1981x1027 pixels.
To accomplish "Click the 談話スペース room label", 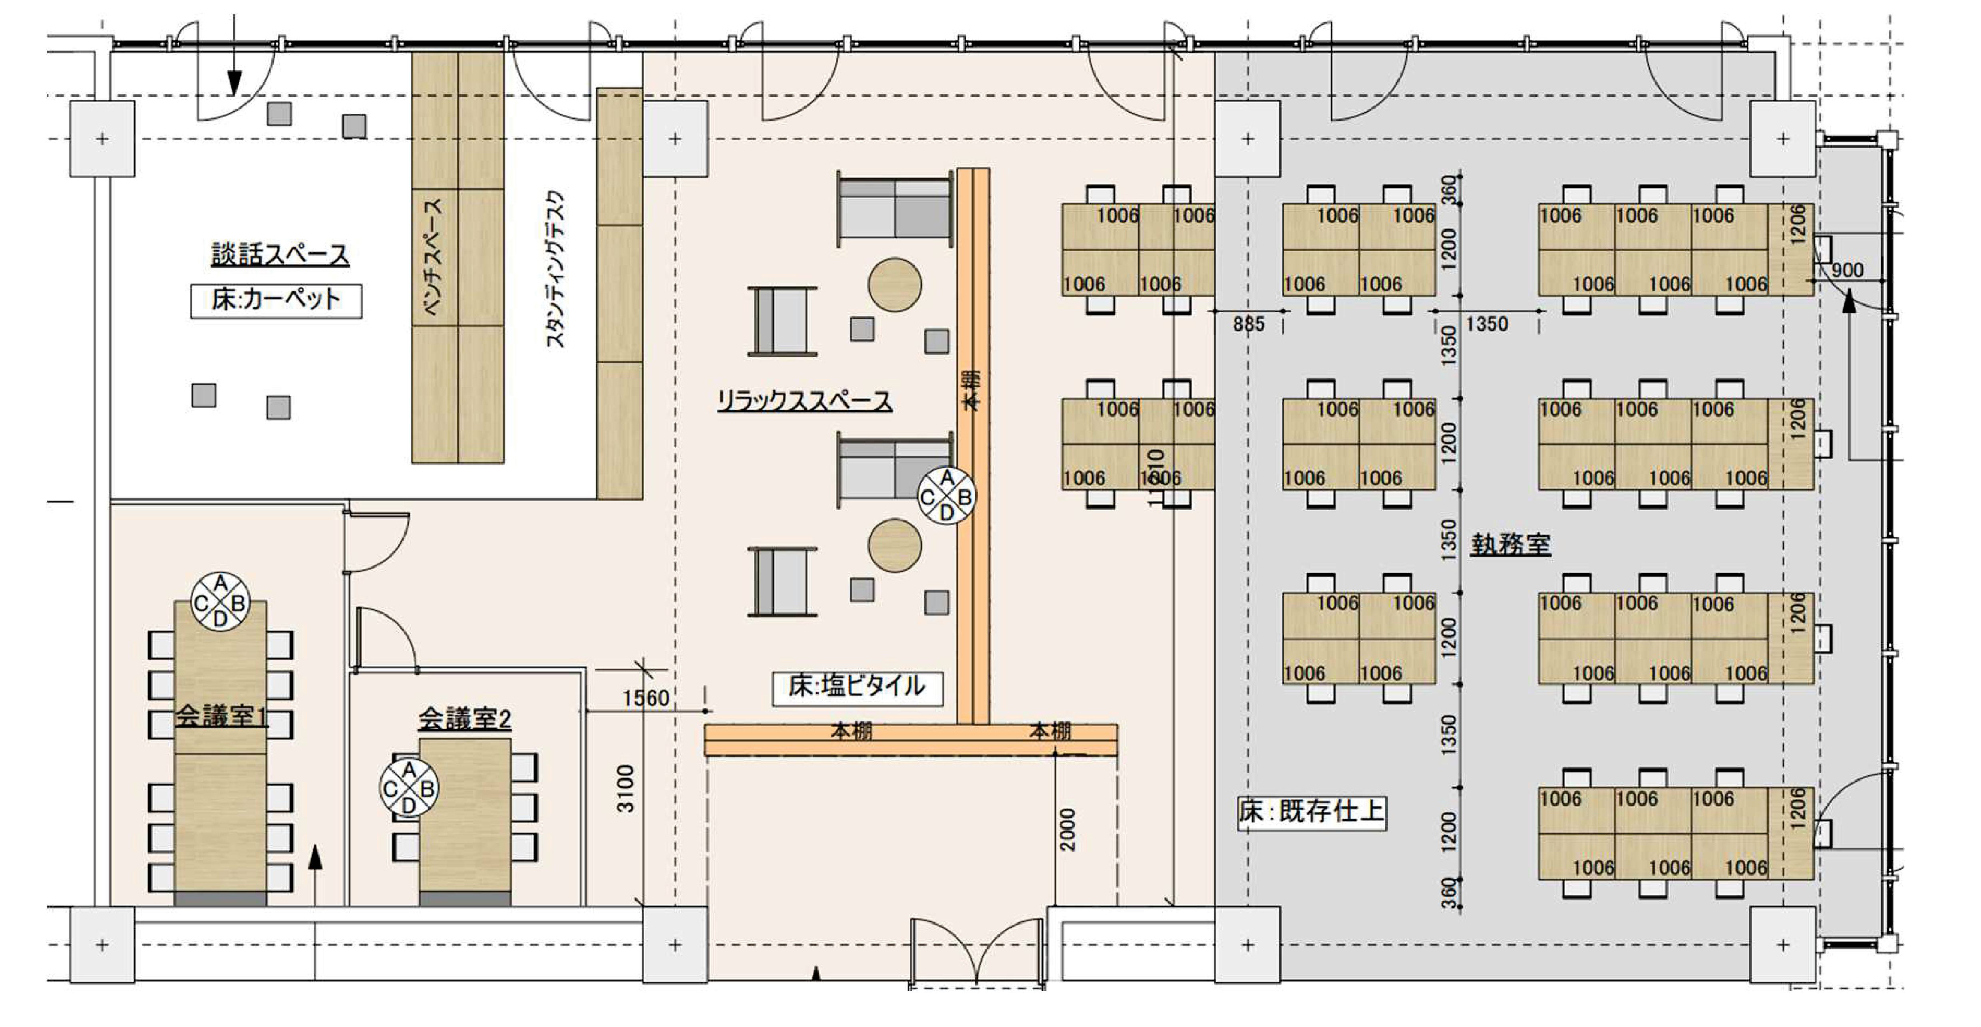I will point(280,254).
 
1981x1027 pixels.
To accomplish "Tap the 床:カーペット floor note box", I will point(276,300).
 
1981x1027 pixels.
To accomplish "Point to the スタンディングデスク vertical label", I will point(555,269).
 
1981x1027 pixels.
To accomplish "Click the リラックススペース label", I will point(804,401).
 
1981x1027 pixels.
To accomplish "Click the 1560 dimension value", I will point(645,698).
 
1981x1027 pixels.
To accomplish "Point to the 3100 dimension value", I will point(627,789).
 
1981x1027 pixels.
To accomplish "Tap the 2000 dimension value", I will point(1067,829).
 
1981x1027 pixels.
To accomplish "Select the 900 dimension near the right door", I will point(1847,270).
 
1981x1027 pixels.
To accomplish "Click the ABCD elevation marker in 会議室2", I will point(409,788).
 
